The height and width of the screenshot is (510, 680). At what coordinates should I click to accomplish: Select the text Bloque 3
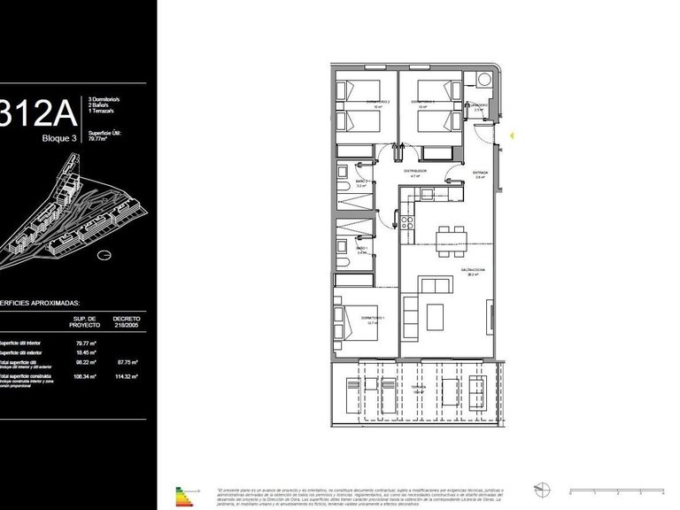pyautogui.click(x=60, y=138)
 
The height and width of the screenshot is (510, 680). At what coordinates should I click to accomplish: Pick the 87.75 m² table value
pyautogui.click(x=127, y=362)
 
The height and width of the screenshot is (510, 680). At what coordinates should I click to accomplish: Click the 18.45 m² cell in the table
pyautogui.click(x=86, y=352)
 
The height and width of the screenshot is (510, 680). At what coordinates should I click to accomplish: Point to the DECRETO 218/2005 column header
pyautogui.click(x=127, y=321)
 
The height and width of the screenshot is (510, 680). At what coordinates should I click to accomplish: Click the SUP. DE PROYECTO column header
pyautogui.click(x=86, y=321)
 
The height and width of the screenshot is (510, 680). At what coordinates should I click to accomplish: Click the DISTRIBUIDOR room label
pyautogui.click(x=416, y=171)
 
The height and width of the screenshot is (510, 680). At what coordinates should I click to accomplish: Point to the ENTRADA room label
pyautogui.click(x=480, y=174)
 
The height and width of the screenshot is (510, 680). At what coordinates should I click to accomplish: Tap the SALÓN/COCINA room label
pyautogui.click(x=469, y=272)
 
